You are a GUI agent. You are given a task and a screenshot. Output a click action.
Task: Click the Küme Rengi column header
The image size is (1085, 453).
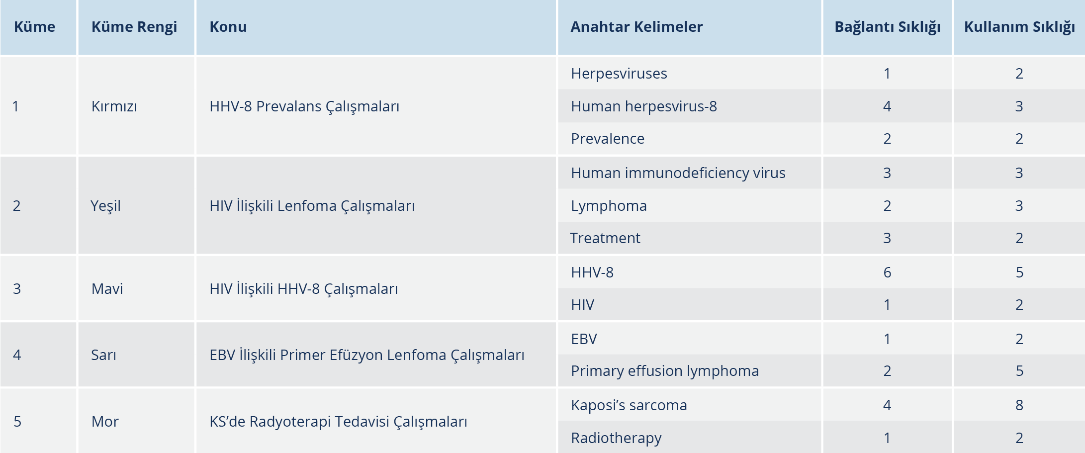(134, 27)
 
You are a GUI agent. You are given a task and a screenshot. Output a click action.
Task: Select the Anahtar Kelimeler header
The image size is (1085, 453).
(636, 27)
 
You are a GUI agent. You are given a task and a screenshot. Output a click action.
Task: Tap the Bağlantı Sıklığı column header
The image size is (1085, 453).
(888, 27)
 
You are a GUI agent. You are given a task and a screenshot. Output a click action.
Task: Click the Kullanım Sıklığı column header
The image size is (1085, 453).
(1019, 27)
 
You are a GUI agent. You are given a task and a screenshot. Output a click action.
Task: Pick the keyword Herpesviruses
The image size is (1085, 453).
(619, 74)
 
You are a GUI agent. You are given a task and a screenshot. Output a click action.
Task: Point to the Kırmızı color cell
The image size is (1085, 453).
(114, 106)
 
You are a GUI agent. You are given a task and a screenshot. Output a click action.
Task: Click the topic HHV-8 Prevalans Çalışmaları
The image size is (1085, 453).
(304, 106)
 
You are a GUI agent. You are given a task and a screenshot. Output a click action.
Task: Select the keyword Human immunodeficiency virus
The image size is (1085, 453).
(678, 173)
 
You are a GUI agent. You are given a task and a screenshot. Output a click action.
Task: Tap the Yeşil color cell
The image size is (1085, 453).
(106, 206)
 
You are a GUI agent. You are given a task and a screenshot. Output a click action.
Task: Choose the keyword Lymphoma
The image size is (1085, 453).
(609, 206)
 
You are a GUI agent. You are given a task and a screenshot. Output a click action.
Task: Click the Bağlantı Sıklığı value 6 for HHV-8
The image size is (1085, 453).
(887, 272)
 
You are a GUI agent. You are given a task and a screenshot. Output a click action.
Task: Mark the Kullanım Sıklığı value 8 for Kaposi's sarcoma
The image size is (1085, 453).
(1019, 405)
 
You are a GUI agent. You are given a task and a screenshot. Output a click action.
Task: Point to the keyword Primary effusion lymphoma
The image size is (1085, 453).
(665, 371)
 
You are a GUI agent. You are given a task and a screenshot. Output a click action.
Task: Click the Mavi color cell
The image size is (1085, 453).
(107, 289)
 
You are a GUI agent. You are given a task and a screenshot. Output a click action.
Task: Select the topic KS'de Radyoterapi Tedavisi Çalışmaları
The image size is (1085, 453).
(338, 422)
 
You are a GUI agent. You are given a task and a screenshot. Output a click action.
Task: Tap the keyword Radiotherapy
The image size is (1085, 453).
(616, 438)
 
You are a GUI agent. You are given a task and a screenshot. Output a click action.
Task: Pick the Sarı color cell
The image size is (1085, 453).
(104, 355)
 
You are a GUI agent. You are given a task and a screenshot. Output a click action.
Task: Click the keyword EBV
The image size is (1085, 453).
(584, 339)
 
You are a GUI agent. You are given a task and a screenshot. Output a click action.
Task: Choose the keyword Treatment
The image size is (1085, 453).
(605, 238)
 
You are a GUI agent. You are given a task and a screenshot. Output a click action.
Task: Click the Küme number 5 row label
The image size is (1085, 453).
(17, 422)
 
